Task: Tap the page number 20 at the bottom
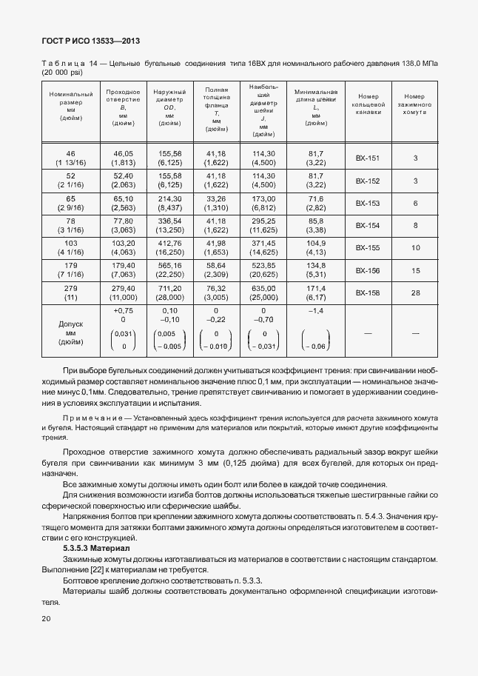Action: click(x=46, y=618)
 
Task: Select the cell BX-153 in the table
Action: click(x=367, y=203)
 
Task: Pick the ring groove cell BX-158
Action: click(x=367, y=292)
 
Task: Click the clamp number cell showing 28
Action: click(x=415, y=292)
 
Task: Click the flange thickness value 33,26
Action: click(x=216, y=199)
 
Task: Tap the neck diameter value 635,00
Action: click(x=263, y=288)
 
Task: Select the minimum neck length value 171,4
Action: click(x=316, y=288)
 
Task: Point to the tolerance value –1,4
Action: click(x=316, y=311)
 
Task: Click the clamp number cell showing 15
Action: click(x=415, y=270)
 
